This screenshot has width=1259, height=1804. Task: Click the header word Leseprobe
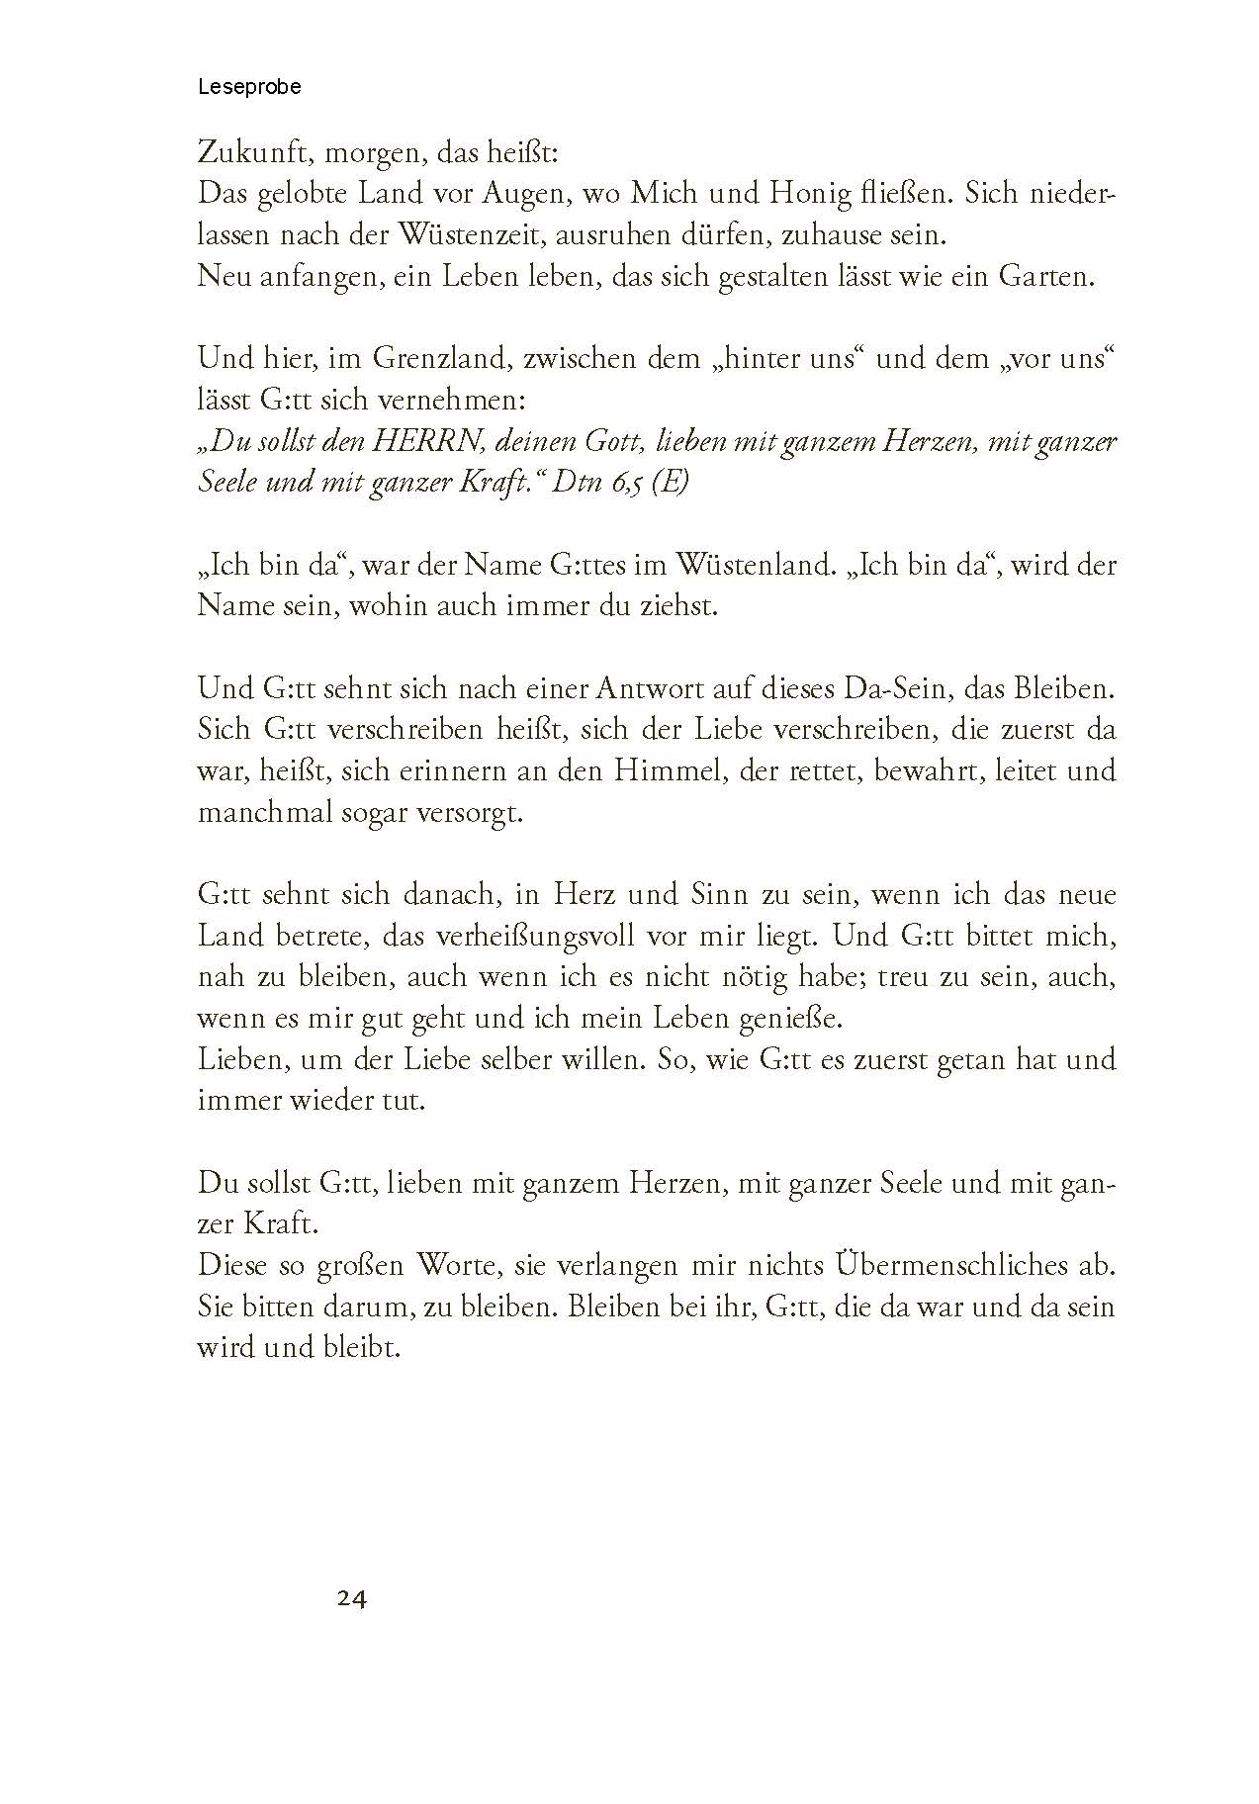pos(249,87)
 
